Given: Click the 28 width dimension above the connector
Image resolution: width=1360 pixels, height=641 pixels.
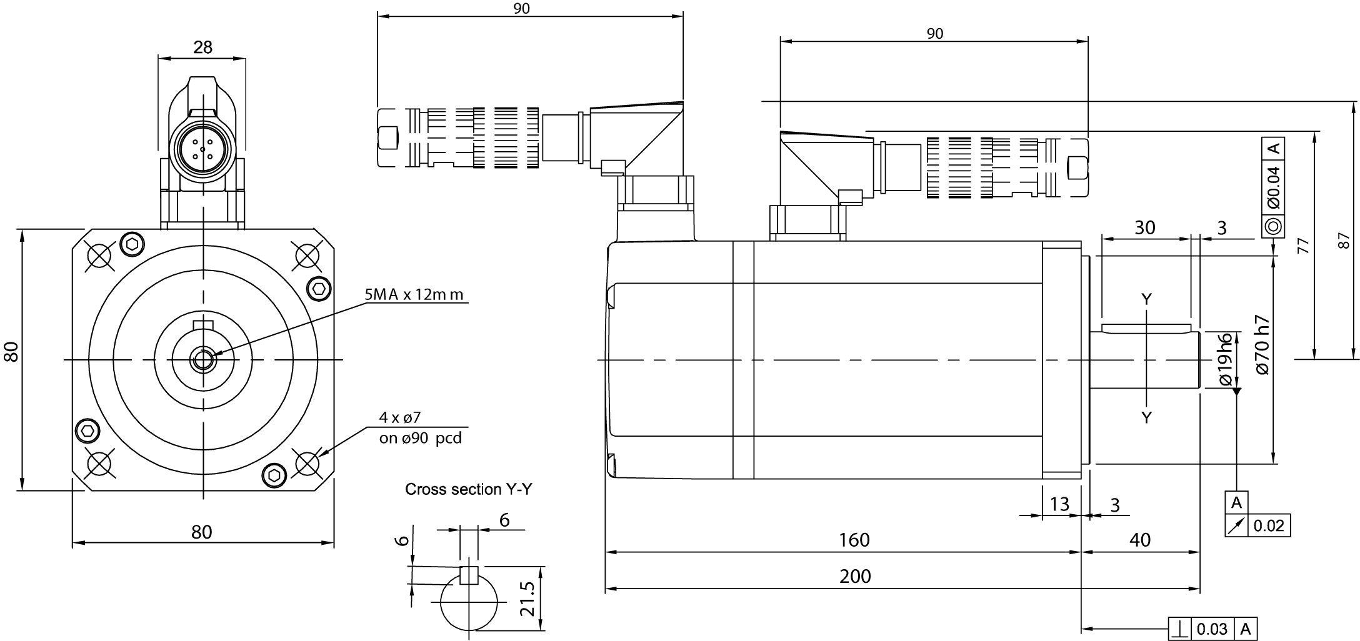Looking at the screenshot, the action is click(x=202, y=47).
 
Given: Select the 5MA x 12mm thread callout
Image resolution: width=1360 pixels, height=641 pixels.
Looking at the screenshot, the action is click(x=414, y=294).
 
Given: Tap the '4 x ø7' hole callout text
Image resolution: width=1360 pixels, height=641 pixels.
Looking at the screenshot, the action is click(x=400, y=417).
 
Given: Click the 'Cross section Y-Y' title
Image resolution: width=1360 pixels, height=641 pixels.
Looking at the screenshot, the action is click(x=469, y=489).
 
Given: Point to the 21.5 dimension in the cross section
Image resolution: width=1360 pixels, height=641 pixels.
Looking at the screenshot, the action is click(x=529, y=599).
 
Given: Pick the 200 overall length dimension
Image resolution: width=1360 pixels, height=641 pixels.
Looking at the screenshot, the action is click(x=855, y=575).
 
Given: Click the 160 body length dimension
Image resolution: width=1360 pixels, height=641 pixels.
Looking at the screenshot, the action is click(x=854, y=539).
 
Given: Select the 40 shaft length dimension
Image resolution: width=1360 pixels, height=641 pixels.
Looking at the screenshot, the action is click(x=1141, y=539).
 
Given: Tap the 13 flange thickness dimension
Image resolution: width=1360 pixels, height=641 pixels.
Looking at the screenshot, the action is click(x=1060, y=504).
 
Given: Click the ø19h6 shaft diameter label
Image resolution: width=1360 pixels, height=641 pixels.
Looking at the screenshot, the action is click(x=1225, y=360).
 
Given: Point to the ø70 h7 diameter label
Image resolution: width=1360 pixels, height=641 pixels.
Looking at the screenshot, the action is click(x=1262, y=344).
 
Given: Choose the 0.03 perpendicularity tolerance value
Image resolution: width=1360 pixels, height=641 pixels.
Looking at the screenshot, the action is click(x=1212, y=629).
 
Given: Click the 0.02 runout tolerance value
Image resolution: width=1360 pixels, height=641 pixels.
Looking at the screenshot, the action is click(x=1268, y=526).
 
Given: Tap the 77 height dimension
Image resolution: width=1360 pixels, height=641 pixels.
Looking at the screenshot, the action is click(x=1302, y=246).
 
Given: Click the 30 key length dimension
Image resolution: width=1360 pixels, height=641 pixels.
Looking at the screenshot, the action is click(x=1145, y=227).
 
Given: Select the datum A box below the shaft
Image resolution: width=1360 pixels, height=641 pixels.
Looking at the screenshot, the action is click(x=1236, y=502).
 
